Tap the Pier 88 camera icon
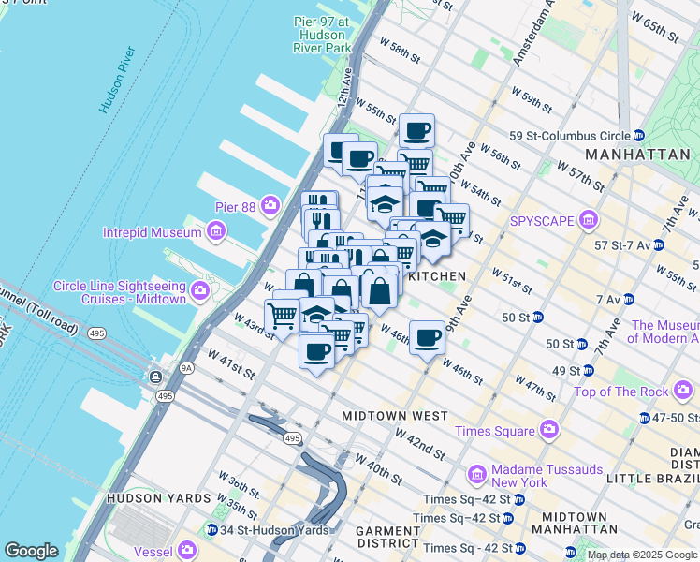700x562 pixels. [x=271, y=204]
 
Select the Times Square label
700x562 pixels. [x=494, y=431]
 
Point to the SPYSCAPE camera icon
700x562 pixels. [x=589, y=221]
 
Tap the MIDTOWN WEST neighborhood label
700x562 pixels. [x=394, y=415]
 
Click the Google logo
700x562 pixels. [x=30, y=551]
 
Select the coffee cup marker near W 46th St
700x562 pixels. [x=427, y=338]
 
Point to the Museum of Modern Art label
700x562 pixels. [x=665, y=333]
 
